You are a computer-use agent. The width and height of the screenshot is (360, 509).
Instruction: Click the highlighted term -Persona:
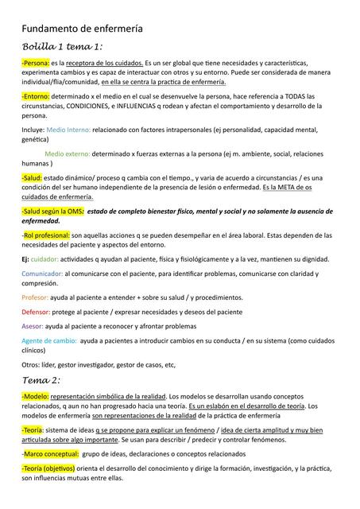coord(35,62)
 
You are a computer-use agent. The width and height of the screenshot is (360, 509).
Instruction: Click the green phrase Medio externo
coord(67,153)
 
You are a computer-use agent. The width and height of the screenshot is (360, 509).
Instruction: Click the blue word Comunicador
coord(41,274)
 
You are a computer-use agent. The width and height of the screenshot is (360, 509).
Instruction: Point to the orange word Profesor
coord(35,297)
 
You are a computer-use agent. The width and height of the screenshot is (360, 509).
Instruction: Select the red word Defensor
coord(37,312)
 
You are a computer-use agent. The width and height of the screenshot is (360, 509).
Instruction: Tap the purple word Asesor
coord(33,326)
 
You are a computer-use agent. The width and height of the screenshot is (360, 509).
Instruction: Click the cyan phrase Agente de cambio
coord(48,340)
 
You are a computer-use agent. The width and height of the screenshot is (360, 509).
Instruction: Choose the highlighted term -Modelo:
coord(35,395)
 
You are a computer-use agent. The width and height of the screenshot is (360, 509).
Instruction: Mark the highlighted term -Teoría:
coord(33,429)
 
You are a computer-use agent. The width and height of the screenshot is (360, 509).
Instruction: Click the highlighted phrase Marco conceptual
coord(49,453)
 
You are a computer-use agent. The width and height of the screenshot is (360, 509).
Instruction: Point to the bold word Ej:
coord(25,258)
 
